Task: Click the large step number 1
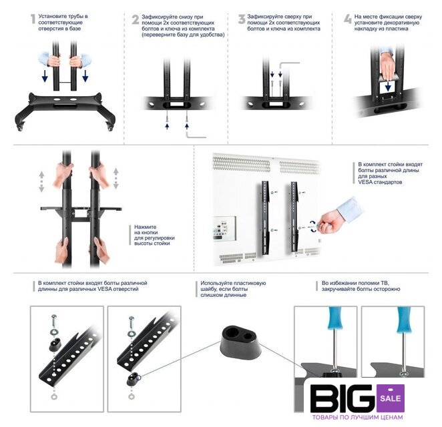pos(33,19)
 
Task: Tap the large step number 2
pos(136,19)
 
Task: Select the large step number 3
pos(242,19)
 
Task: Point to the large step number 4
pos(348,19)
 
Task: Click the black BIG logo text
pos(343,398)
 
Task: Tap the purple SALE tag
pos(390,398)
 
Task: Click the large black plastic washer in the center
pos(240,342)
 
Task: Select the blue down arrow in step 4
pos(388,87)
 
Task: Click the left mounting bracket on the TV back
pos(266,218)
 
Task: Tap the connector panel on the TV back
pos(224,228)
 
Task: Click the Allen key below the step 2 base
pos(196,135)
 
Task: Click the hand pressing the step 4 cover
pos(387,65)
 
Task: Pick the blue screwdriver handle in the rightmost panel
pos(404,320)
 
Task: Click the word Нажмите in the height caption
pos(145,227)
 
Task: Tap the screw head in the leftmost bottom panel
pos(54,317)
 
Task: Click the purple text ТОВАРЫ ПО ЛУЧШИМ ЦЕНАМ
pos(357,417)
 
